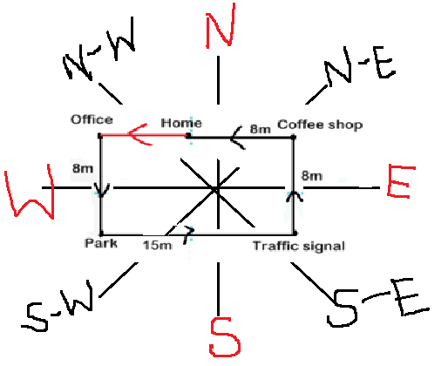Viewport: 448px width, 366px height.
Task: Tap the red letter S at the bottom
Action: click(224, 337)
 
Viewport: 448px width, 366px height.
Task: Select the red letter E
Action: click(401, 181)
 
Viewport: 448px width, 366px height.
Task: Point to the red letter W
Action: click(31, 191)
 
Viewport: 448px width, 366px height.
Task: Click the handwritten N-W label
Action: click(98, 50)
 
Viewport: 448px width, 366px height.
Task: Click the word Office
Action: click(92, 119)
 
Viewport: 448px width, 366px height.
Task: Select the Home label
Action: click(181, 123)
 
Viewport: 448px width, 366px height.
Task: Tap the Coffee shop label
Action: click(320, 125)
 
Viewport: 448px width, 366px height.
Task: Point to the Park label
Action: click(101, 243)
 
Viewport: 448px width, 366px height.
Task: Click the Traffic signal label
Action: click(299, 246)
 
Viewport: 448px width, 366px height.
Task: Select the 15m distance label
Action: click(157, 246)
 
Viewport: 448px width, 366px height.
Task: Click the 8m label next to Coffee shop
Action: click(260, 129)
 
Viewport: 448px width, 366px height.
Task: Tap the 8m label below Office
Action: click(83, 168)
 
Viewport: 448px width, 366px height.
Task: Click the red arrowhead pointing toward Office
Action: click(139, 134)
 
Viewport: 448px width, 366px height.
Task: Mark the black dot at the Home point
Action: click(188, 135)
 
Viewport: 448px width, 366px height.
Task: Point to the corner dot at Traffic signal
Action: click(295, 233)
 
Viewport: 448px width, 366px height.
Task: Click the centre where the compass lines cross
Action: click(217, 189)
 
